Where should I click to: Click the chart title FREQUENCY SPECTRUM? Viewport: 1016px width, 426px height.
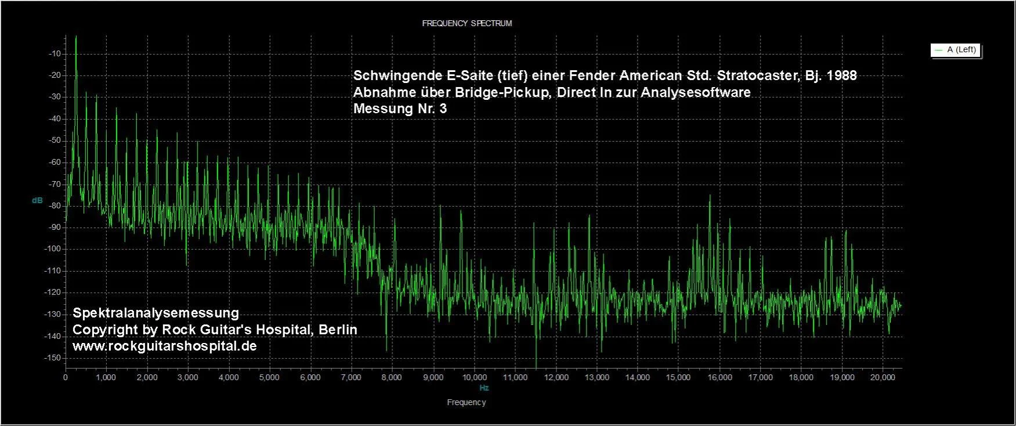pyautogui.click(x=467, y=23)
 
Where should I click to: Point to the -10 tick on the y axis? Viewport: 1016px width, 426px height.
pyautogui.click(x=56, y=53)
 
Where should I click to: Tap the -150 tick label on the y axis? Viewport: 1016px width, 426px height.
pyautogui.click(x=53, y=358)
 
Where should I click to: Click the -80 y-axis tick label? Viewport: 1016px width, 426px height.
pyautogui.click(x=56, y=205)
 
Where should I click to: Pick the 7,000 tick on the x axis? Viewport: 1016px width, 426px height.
pyautogui.click(x=351, y=377)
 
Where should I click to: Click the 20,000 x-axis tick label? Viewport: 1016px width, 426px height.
pyautogui.click(x=883, y=377)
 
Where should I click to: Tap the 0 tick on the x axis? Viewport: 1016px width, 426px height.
pyautogui.click(x=66, y=377)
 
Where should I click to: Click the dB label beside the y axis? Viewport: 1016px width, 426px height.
pyautogui.click(x=37, y=200)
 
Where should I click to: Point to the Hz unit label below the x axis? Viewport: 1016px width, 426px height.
pyautogui.click(x=484, y=388)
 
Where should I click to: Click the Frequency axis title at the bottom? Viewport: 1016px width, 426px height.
pyautogui.click(x=467, y=402)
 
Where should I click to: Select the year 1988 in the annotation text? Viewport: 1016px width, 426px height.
pyautogui.click(x=841, y=75)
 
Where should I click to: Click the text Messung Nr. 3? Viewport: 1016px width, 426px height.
pyautogui.click(x=400, y=109)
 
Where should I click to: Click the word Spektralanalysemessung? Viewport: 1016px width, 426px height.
pyautogui.click(x=156, y=313)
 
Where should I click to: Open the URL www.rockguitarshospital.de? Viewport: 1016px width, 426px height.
pyautogui.click(x=164, y=346)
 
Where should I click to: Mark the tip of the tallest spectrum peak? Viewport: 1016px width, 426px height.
pyautogui.click(x=76, y=36)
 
